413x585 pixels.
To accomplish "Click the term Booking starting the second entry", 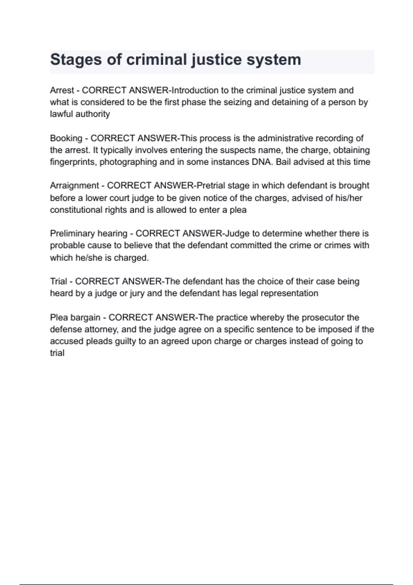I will point(66,138).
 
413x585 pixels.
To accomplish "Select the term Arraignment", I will point(74,186).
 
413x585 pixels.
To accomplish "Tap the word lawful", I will point(60,114).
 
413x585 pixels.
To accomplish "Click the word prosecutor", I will point(323,318).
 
